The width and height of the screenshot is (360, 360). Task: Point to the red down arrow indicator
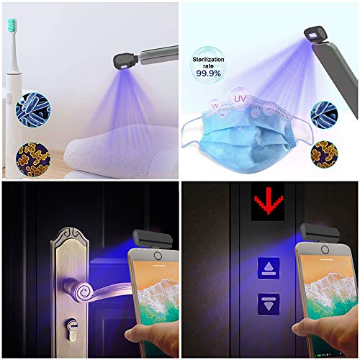269,204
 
